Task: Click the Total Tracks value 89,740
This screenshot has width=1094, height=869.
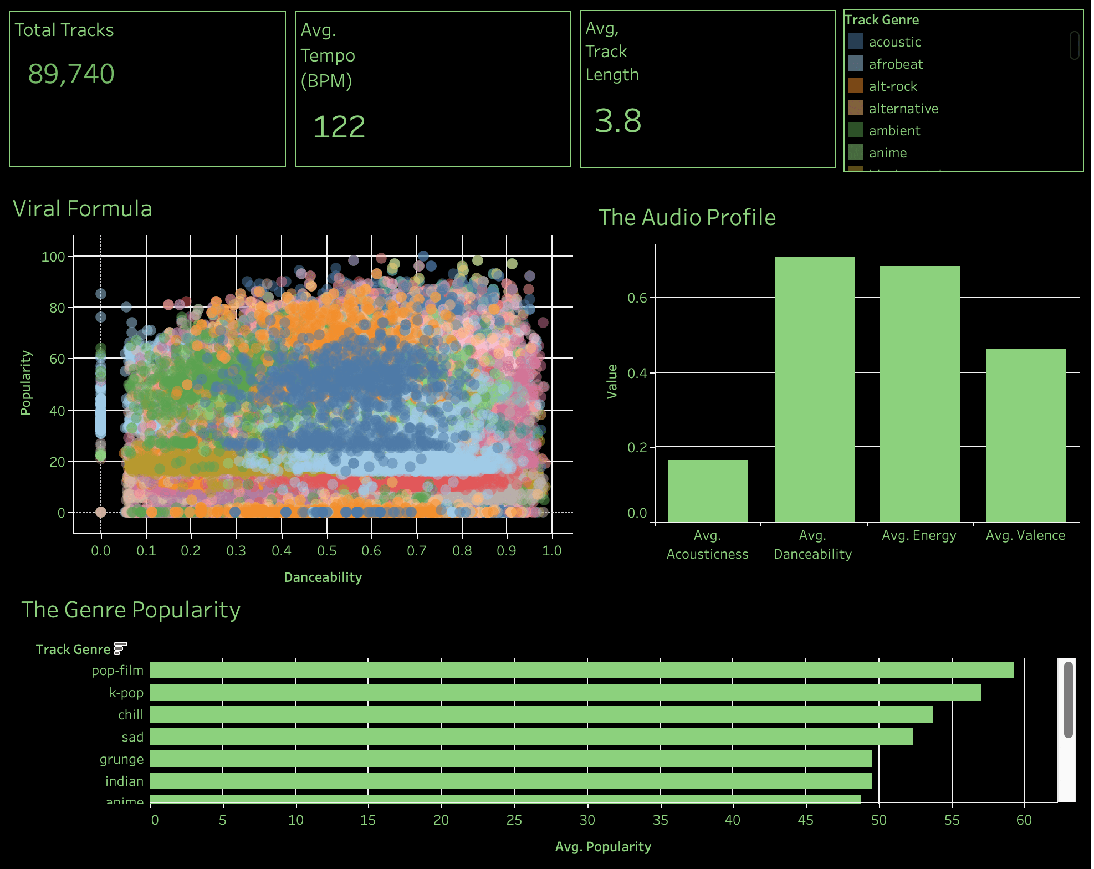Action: [x=71, y=74]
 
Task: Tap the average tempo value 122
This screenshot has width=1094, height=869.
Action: [x=339, y=127]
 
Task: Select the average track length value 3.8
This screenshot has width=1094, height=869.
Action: [x=618, y=121]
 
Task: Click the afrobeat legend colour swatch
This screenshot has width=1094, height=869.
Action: [x=856, y=64]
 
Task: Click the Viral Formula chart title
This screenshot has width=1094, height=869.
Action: [x=83, y=209]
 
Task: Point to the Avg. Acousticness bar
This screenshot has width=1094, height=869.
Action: [x=708, y=490]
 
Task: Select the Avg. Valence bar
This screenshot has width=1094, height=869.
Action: [x=1026, y=435]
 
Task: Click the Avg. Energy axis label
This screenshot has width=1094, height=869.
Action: [x=919, y=535]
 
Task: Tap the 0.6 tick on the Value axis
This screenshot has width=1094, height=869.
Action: [x=637, y=298]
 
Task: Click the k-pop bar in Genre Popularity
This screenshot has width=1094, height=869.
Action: [x=565, y=692]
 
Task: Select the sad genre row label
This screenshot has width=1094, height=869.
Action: [x=132, y=737]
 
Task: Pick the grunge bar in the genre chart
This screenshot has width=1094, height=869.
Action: [x=511, y=759]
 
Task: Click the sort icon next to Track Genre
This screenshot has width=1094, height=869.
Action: [x=120, y=648]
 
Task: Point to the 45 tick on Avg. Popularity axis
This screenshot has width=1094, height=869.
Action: [x=805, y=820]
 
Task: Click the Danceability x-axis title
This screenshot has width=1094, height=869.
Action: [x=323, y=577]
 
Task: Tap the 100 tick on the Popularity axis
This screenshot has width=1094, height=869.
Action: [x=53, y=257]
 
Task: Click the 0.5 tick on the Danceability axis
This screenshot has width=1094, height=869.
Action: [x=326, y=551]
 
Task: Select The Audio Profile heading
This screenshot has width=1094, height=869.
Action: [x=687, y=217]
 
